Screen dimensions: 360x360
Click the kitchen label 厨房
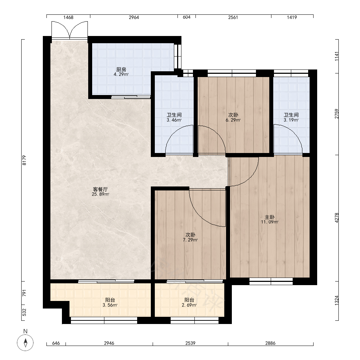pyautogui.click(x=121, y=69)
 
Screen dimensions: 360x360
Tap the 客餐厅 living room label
pyautogui.click(x=100, y=189)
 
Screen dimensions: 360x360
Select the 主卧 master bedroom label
pyautogui.click(x=270, y=217)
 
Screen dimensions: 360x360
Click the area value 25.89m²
pyautogui.click(x=100, y=194)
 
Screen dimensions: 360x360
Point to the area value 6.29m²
pyautogui.click(x=233, y=120)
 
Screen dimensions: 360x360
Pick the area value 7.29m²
pyautogui.click(x=190, y=240)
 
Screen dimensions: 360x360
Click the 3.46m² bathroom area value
pyautogui.click(x=174, y=120)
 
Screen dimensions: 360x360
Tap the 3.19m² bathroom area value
pyautogui.click(x=291, y=120)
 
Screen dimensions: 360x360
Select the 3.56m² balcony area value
pyautogui.click(x=110, y=305)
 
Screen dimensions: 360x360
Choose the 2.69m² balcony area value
pyautogui.click(x=189, y=305)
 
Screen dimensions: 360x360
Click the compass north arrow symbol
pyautogui.click(x=26, y=343)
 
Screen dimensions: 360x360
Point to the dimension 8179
pyautogui.click(x=24, y=160)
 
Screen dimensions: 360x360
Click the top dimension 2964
pyautogui.click(x=134, y=17)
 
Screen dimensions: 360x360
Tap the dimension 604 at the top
pyautogui.click(x=186, y=17)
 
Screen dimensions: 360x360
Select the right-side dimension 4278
pyautogui.click(x=337, y=218)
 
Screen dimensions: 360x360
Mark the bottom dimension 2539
pyautogui.click(x=190, y=343)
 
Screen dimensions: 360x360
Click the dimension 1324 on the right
pyautogui.click(x=337, y=300)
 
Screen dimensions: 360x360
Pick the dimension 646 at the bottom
pyautogui.click(x=56, y=343)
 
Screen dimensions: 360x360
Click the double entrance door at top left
pyautogui.click(x=69, y=30)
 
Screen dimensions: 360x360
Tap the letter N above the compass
pyautogui.click(x=26, y=331)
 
